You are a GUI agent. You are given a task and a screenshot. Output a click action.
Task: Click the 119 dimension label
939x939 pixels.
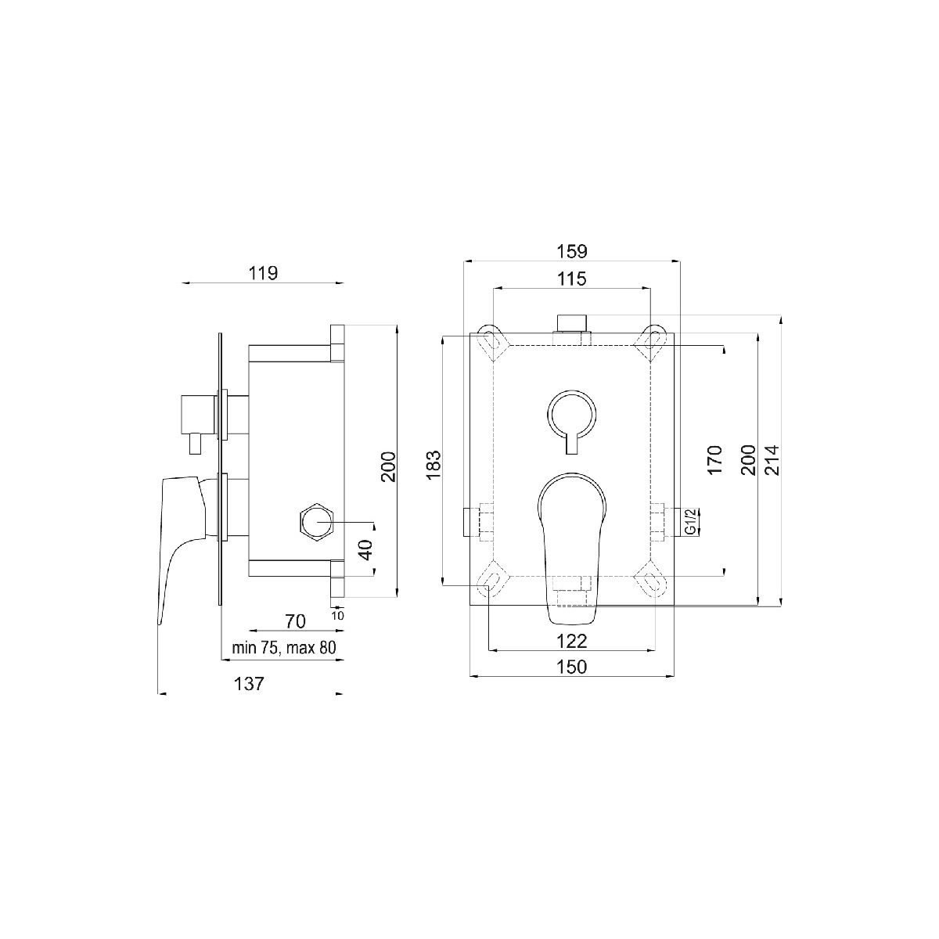click(263, 273)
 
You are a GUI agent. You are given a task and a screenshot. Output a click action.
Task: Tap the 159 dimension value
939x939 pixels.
click(572, 252)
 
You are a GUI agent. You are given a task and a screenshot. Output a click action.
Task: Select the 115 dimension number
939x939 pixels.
click(572, 279)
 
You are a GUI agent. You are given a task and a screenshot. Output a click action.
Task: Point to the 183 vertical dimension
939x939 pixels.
click(434, 464)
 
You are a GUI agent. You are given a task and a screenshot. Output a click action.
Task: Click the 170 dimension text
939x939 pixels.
click(714, 459)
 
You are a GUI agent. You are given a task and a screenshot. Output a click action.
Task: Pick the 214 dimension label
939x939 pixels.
click(772, 460)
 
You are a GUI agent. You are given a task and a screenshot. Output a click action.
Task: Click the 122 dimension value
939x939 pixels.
click(572, 642)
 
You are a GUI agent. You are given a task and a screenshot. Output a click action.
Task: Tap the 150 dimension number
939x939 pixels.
click(572, 667)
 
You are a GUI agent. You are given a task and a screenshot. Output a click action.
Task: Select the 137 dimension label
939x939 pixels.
click(249, 684)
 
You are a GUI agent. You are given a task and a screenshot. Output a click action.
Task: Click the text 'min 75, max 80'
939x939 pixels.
click(284, 648)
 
